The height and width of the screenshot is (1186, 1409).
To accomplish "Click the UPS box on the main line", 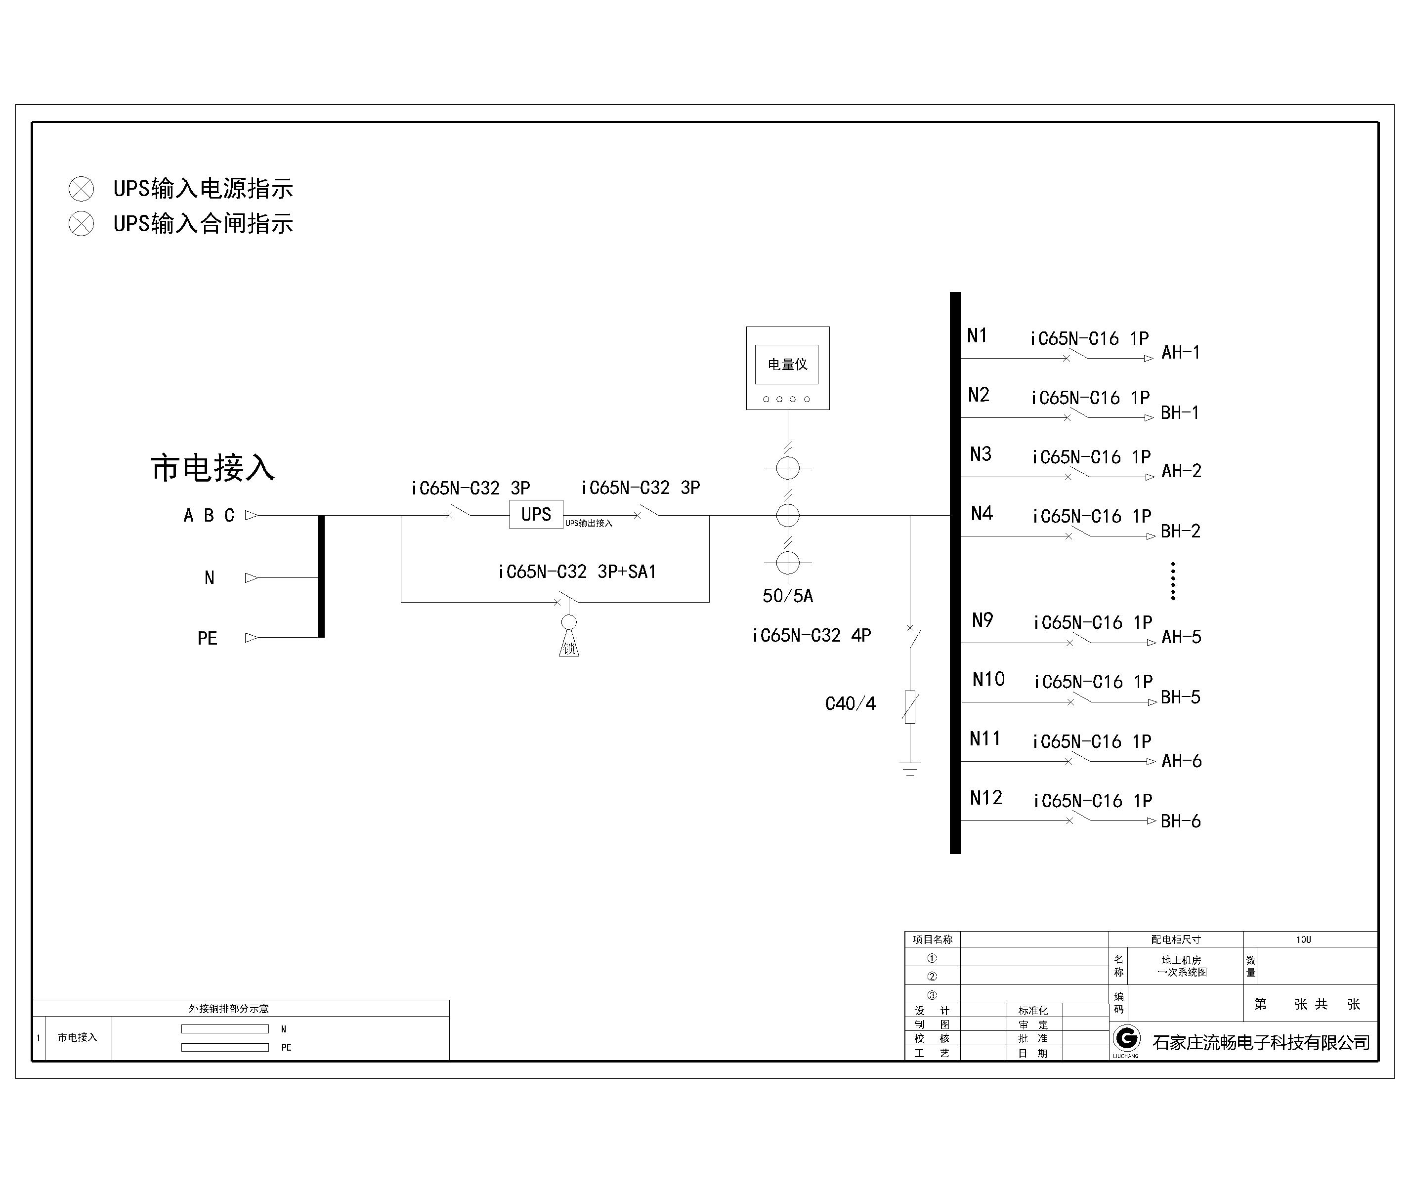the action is [x=536, y=514].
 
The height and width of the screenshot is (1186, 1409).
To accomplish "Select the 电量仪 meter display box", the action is [x=787, y=365].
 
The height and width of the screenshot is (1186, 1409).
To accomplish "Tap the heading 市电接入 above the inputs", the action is [x=213, y=468].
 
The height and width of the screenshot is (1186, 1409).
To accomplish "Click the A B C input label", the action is [x=209, y=515].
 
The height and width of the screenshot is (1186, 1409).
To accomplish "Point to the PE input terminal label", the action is [x=207, y=638].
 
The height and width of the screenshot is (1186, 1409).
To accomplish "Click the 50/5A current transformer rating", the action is [x=788, y=596].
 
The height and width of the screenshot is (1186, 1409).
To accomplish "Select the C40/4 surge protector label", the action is [x=850, y=703].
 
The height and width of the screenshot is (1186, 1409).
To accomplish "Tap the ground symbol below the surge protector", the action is [x=910, y=769].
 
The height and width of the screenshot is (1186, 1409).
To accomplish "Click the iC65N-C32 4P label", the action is [x=811, y=635].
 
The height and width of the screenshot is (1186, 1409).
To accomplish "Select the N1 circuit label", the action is [x=977, y=335].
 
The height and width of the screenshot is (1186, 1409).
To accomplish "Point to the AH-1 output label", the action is [x=1180, y=352].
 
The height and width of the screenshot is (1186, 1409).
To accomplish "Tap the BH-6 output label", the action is [x=1180, y=821].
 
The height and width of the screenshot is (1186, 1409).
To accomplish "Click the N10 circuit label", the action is [x=988, y=679].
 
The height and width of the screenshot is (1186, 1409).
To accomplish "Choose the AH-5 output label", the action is [x=1181, y=637].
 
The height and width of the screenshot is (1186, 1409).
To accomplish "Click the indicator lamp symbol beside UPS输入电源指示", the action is [x=82, y=189].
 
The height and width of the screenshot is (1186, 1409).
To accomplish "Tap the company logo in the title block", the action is [x=1126, y=1039].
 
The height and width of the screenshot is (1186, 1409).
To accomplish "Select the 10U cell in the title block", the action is [x=1303, y=939].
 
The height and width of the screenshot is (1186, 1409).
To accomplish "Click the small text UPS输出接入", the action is [x=589, y=523].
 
